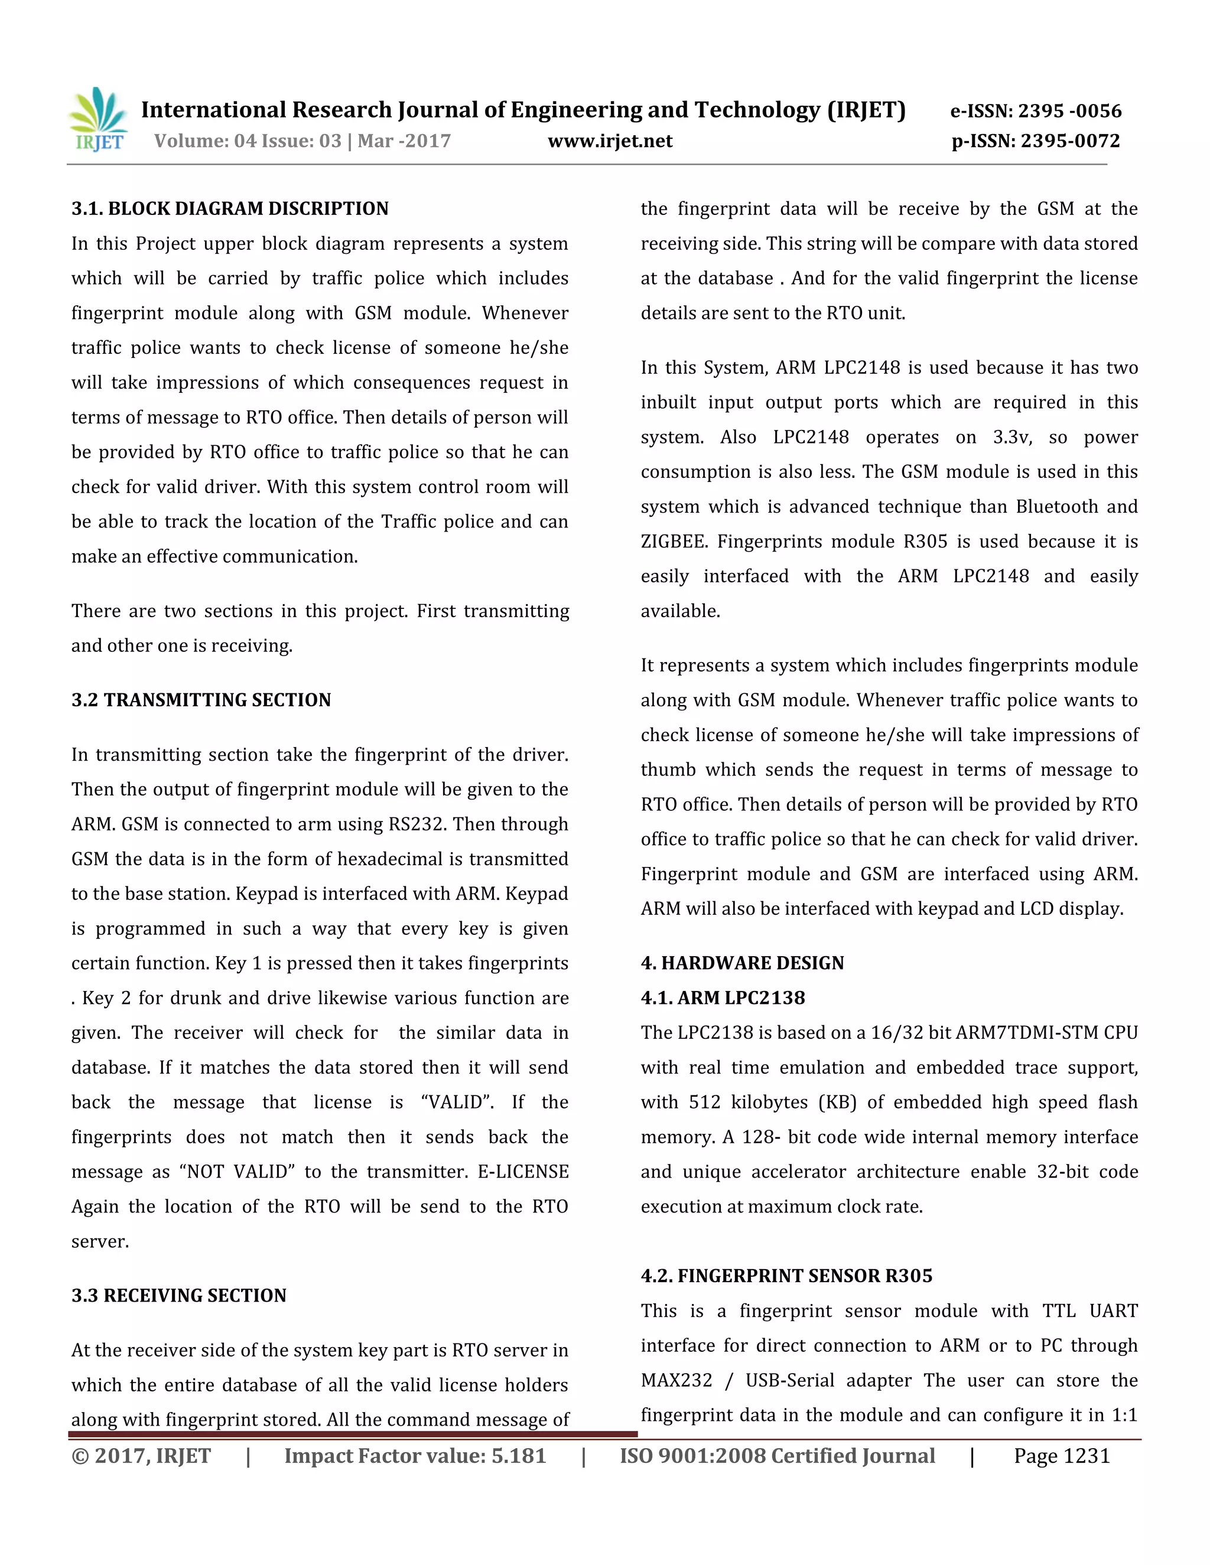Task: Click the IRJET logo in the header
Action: pos(99,120)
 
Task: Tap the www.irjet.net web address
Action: pos(610,141)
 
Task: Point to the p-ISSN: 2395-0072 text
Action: pos(1035,141)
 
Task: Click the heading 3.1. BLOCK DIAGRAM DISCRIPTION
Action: pos(229,208)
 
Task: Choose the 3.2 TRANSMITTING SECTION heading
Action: pos(201,700)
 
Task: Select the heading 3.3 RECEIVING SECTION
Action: pos(178,1296)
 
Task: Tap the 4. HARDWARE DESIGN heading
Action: pos(742,963)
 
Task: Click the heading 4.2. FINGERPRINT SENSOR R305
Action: pos(786,1276)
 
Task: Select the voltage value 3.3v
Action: pos(1011,437)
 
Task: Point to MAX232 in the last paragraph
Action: pos(676,1381)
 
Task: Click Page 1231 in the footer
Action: pos(1062,1456)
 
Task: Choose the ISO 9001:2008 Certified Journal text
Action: pos(777,1456)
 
